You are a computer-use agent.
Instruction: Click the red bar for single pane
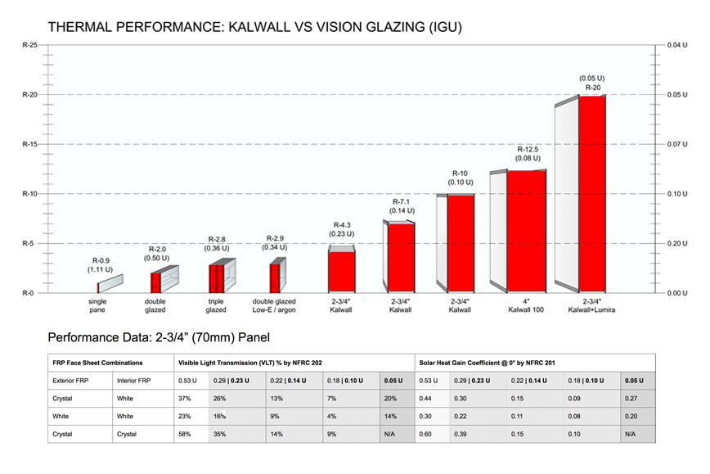coord(98,287)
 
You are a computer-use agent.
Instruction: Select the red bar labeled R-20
coord(592,193)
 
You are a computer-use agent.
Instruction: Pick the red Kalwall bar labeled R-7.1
coord(400,257)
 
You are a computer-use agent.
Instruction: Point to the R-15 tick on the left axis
coord(28,145)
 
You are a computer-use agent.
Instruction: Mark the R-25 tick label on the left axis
coord(28,45)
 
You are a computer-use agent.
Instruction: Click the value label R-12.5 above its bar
coord(526,150)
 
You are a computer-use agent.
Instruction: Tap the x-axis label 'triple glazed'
coord(215,305)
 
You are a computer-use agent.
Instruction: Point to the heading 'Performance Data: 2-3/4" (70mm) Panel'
coord(160,337)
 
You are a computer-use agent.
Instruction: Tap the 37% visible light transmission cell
coord(186,398)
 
